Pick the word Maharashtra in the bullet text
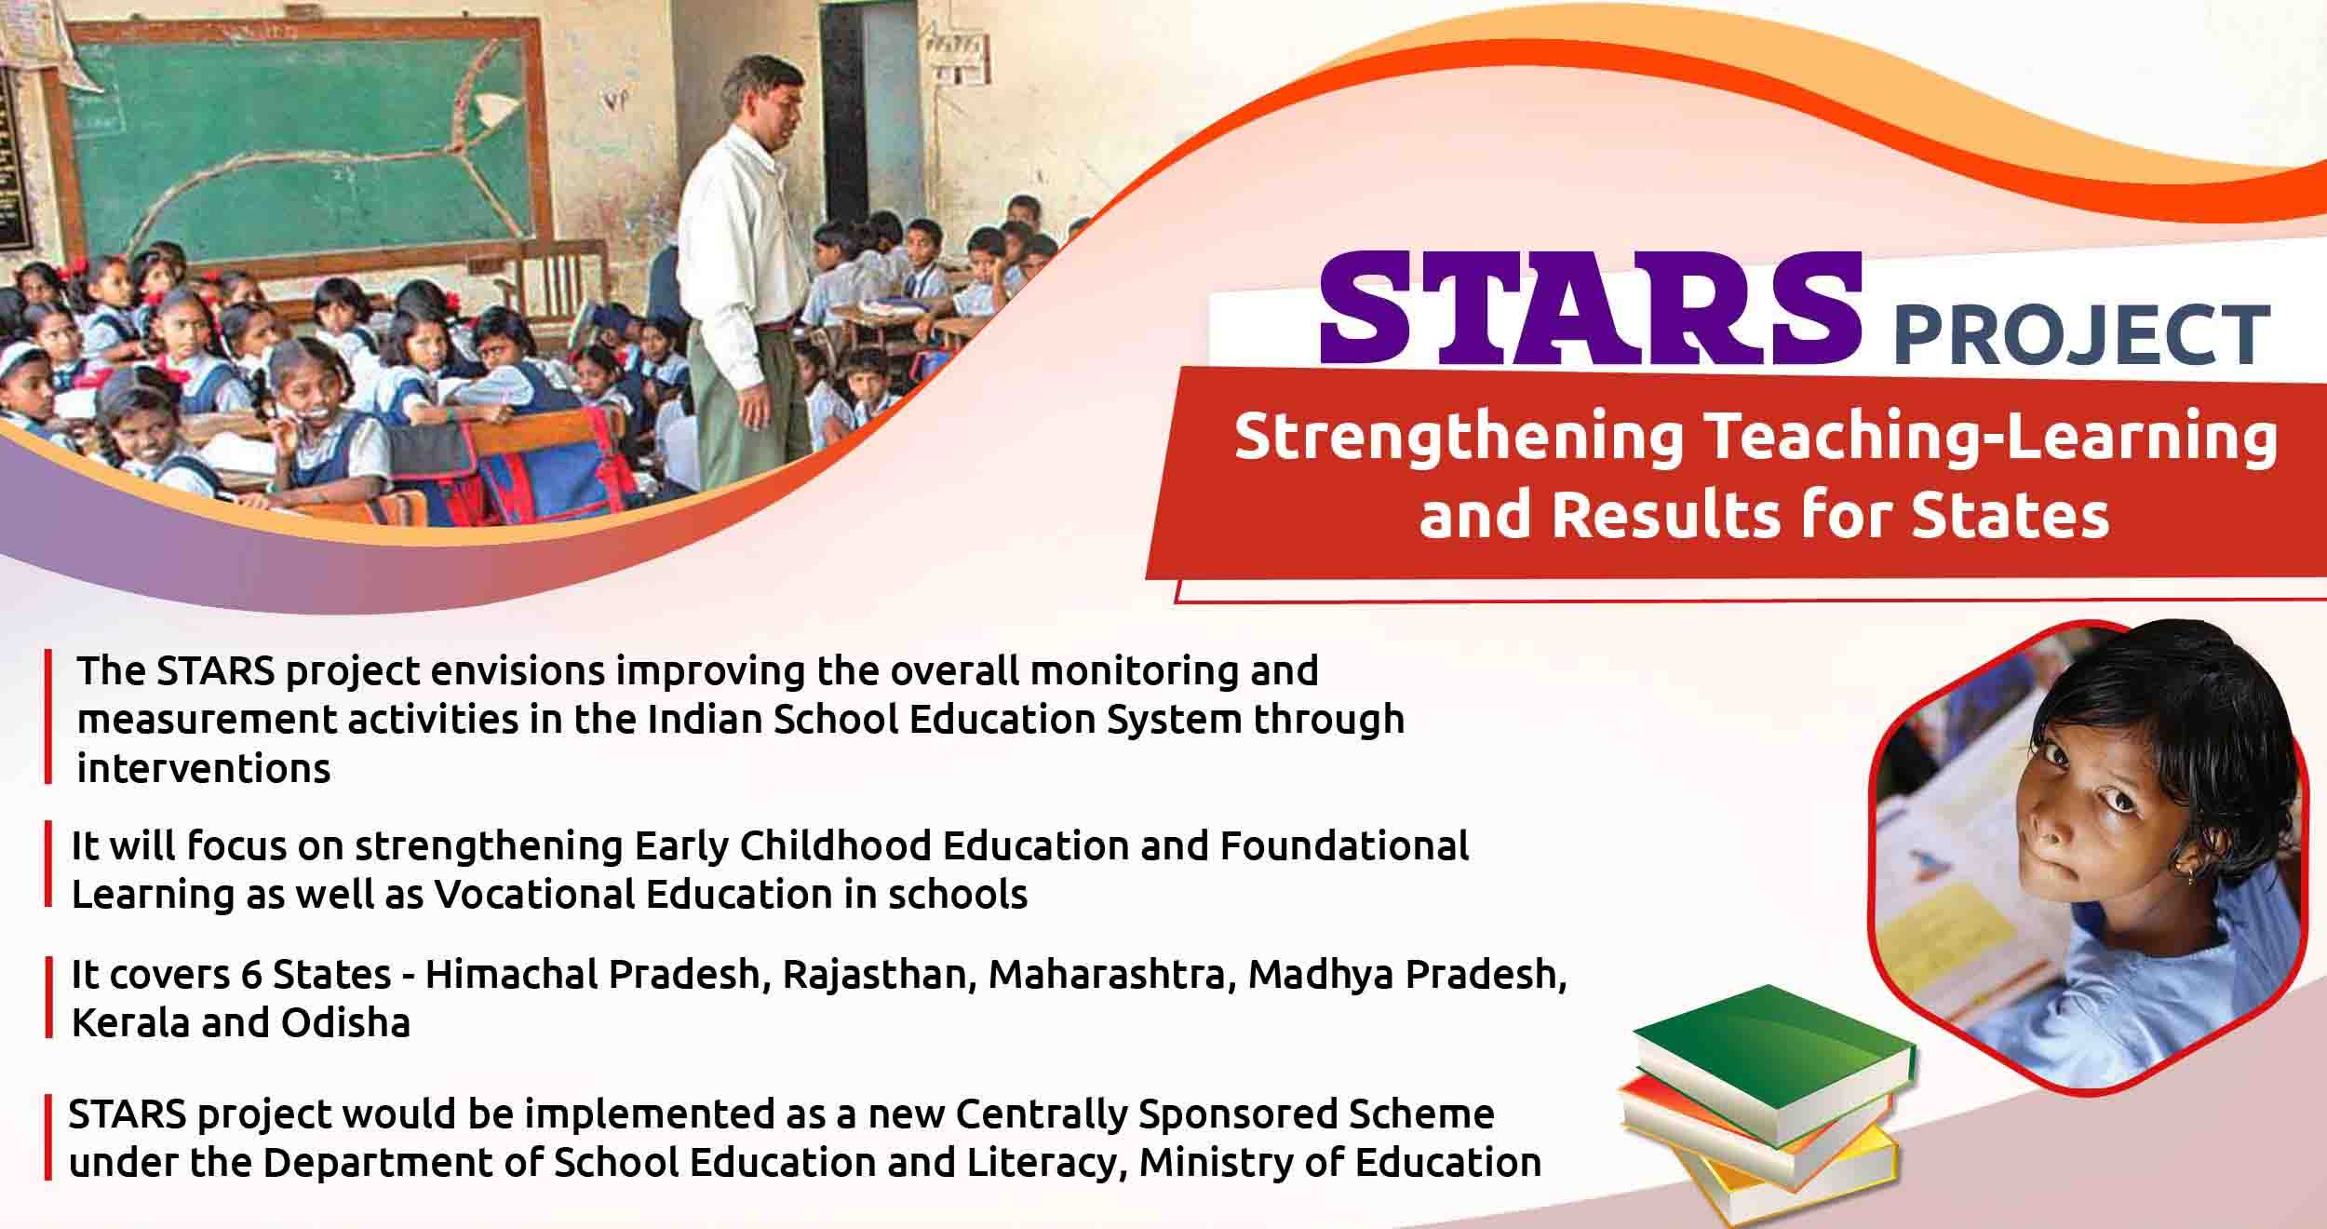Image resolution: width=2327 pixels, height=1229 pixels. pos(1111,975)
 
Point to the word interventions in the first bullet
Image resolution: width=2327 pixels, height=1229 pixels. pos(204,769)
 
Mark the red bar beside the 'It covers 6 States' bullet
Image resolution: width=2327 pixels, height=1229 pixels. pos(47,998)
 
